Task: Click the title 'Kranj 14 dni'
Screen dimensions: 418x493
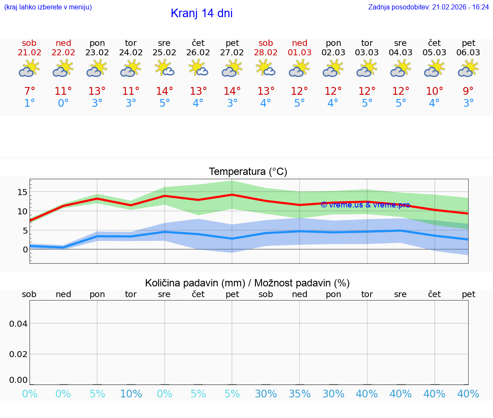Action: click(202, 13)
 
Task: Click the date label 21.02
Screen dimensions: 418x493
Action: click(29, 53)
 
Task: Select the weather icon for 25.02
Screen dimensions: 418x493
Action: click(164, 69)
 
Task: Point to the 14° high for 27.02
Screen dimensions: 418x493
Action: click(232, 91)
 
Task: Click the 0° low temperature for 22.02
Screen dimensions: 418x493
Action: click(63, 103)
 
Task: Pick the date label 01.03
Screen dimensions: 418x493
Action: click(300, 53)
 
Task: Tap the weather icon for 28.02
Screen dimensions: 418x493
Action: click(266, 69)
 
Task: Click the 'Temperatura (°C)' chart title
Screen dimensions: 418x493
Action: click(248, 172)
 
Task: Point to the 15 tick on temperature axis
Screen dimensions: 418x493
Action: click(22, 192)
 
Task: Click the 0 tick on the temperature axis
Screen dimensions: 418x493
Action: click(25, 250)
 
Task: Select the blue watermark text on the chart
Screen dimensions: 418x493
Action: click(365, 205)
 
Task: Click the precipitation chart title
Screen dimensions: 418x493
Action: click(247, 283)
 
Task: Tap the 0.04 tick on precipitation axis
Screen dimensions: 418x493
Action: click(18, 324)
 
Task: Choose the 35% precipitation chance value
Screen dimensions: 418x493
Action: click(300, 394)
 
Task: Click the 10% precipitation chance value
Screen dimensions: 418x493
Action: click(131, 394)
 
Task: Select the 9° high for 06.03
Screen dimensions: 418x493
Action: click(468, 91)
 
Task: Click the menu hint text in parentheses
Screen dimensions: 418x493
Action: click(48, 7)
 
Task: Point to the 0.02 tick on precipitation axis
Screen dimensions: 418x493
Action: click(18, 354)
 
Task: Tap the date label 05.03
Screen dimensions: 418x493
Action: click(434, 53)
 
